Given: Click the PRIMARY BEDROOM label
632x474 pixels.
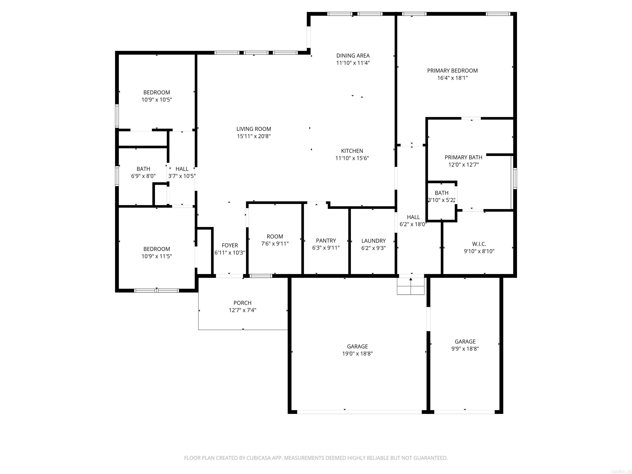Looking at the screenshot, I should [452, 71].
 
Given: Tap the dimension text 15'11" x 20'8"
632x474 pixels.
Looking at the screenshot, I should [253, 136].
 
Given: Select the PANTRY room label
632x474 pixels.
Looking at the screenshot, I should [326, 240].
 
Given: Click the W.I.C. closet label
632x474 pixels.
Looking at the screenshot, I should [479, 244].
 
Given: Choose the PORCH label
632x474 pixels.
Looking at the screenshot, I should [242, 303].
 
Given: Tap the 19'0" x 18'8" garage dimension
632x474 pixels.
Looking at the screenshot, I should [357, 354].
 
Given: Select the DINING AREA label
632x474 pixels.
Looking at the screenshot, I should [353, 56].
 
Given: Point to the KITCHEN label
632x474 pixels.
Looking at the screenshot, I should [352, 151].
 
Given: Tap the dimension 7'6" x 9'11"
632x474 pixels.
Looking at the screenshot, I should [275, 244].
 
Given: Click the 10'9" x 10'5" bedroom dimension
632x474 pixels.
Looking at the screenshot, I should [157, 100].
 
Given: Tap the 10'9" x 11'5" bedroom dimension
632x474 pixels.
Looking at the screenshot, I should [157, 256].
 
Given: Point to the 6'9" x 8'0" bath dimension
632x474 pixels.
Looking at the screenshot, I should [143, 176].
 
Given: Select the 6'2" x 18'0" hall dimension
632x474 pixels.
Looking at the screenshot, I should [413, 224].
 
